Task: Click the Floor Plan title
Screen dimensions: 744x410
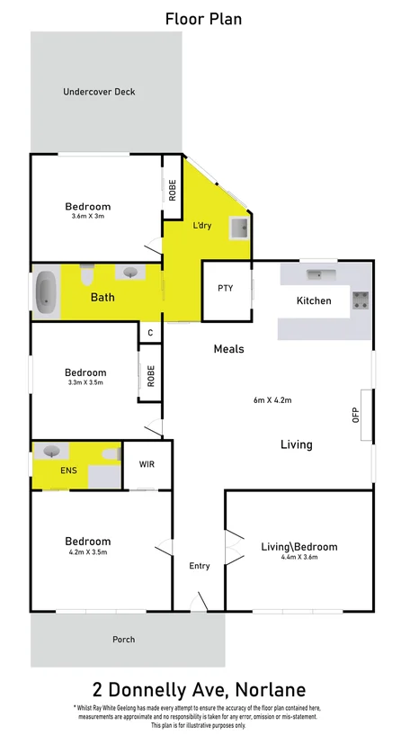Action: tap(204, 18)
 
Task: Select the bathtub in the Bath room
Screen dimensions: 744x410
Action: tap(48, 292)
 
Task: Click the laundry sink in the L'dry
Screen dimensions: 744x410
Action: tap(239, 229)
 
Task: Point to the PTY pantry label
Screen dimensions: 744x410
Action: tap(226, 289)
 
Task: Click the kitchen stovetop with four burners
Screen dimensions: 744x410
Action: tap(361, 300)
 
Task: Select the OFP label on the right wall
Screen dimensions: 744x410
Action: tap(356, 415)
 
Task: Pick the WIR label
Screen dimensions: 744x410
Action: tap(147, 465)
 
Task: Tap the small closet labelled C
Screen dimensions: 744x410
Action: tap(151, 333)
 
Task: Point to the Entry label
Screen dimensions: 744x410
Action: tap(199, 566)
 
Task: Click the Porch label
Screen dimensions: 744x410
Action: tap(123, 640)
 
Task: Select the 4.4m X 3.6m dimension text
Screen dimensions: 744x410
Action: tap(299, 558)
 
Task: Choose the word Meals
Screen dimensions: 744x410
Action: tap(228, 349)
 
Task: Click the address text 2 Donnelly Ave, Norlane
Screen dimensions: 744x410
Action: tap(204, 690)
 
